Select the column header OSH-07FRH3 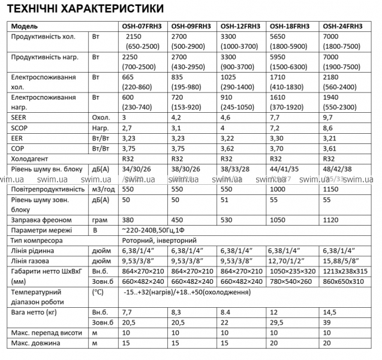tap(139, 26)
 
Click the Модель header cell tap(25, 26)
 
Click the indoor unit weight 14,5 tap(330, 312)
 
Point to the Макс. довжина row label tap(37, 343)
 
